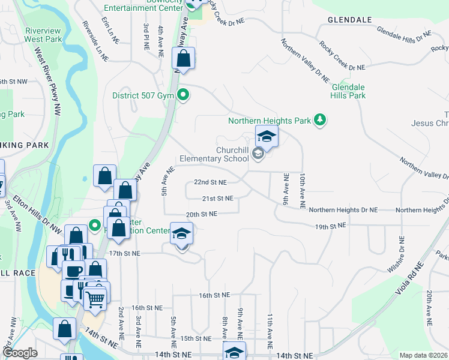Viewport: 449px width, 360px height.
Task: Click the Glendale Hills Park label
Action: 349,91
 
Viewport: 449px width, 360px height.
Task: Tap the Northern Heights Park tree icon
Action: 321,120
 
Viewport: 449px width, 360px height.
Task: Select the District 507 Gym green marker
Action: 185,95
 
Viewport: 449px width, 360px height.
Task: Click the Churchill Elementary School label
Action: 214,155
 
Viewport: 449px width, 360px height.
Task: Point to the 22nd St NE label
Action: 210,182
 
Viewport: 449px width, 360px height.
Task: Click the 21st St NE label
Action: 217,199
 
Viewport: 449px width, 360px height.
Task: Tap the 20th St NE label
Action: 201,214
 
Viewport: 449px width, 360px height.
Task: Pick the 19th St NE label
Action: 331,226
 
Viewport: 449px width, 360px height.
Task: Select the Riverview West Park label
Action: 43,35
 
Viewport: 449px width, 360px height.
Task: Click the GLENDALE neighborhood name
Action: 350,20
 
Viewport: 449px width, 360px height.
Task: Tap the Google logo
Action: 20,353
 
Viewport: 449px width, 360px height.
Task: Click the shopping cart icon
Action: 95,298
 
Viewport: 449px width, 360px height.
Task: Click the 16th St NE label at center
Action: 214,295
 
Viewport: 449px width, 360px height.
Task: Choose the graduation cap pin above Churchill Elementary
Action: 267,137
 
